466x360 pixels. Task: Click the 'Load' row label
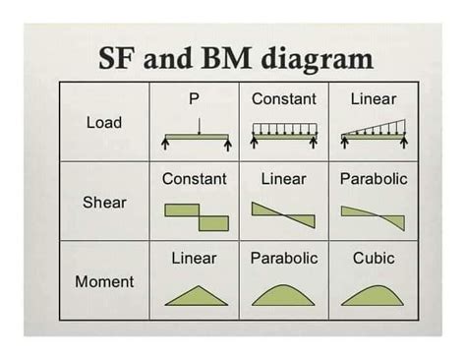(x=104, y=123)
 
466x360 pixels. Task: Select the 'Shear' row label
(x=104, y=202)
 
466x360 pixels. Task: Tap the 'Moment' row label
(x=104, y=281)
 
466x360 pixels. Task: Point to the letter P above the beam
(x=194, y=99)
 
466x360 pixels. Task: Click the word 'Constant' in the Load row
(x=284, y=99)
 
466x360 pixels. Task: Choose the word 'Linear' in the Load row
(x=374, y=99)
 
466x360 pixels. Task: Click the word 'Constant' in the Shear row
(x=194, y=179)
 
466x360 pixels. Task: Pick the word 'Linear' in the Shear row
(x=283, y=179)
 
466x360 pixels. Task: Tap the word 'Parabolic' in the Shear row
(x=374, y=179)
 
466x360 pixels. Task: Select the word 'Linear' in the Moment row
(x=194, y=258)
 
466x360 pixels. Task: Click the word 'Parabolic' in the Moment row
(x=284, y=258)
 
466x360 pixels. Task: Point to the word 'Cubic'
(x=374, y=258)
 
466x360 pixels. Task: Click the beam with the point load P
(x=197, y=136)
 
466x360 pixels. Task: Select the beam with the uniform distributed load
(x=284, y=136)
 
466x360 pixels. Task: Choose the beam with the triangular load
(x=374, y=136)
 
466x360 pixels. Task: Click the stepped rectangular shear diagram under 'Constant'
(x=197, y=216)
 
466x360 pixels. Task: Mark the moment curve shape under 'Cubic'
(x=374, y=296)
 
